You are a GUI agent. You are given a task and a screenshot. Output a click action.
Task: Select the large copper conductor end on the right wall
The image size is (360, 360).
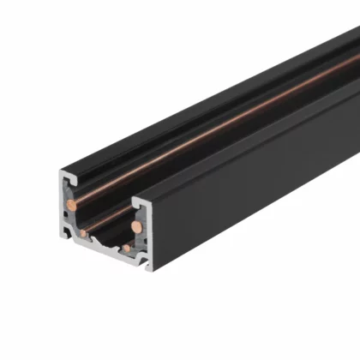pyautogui.click(x=135, y=228)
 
